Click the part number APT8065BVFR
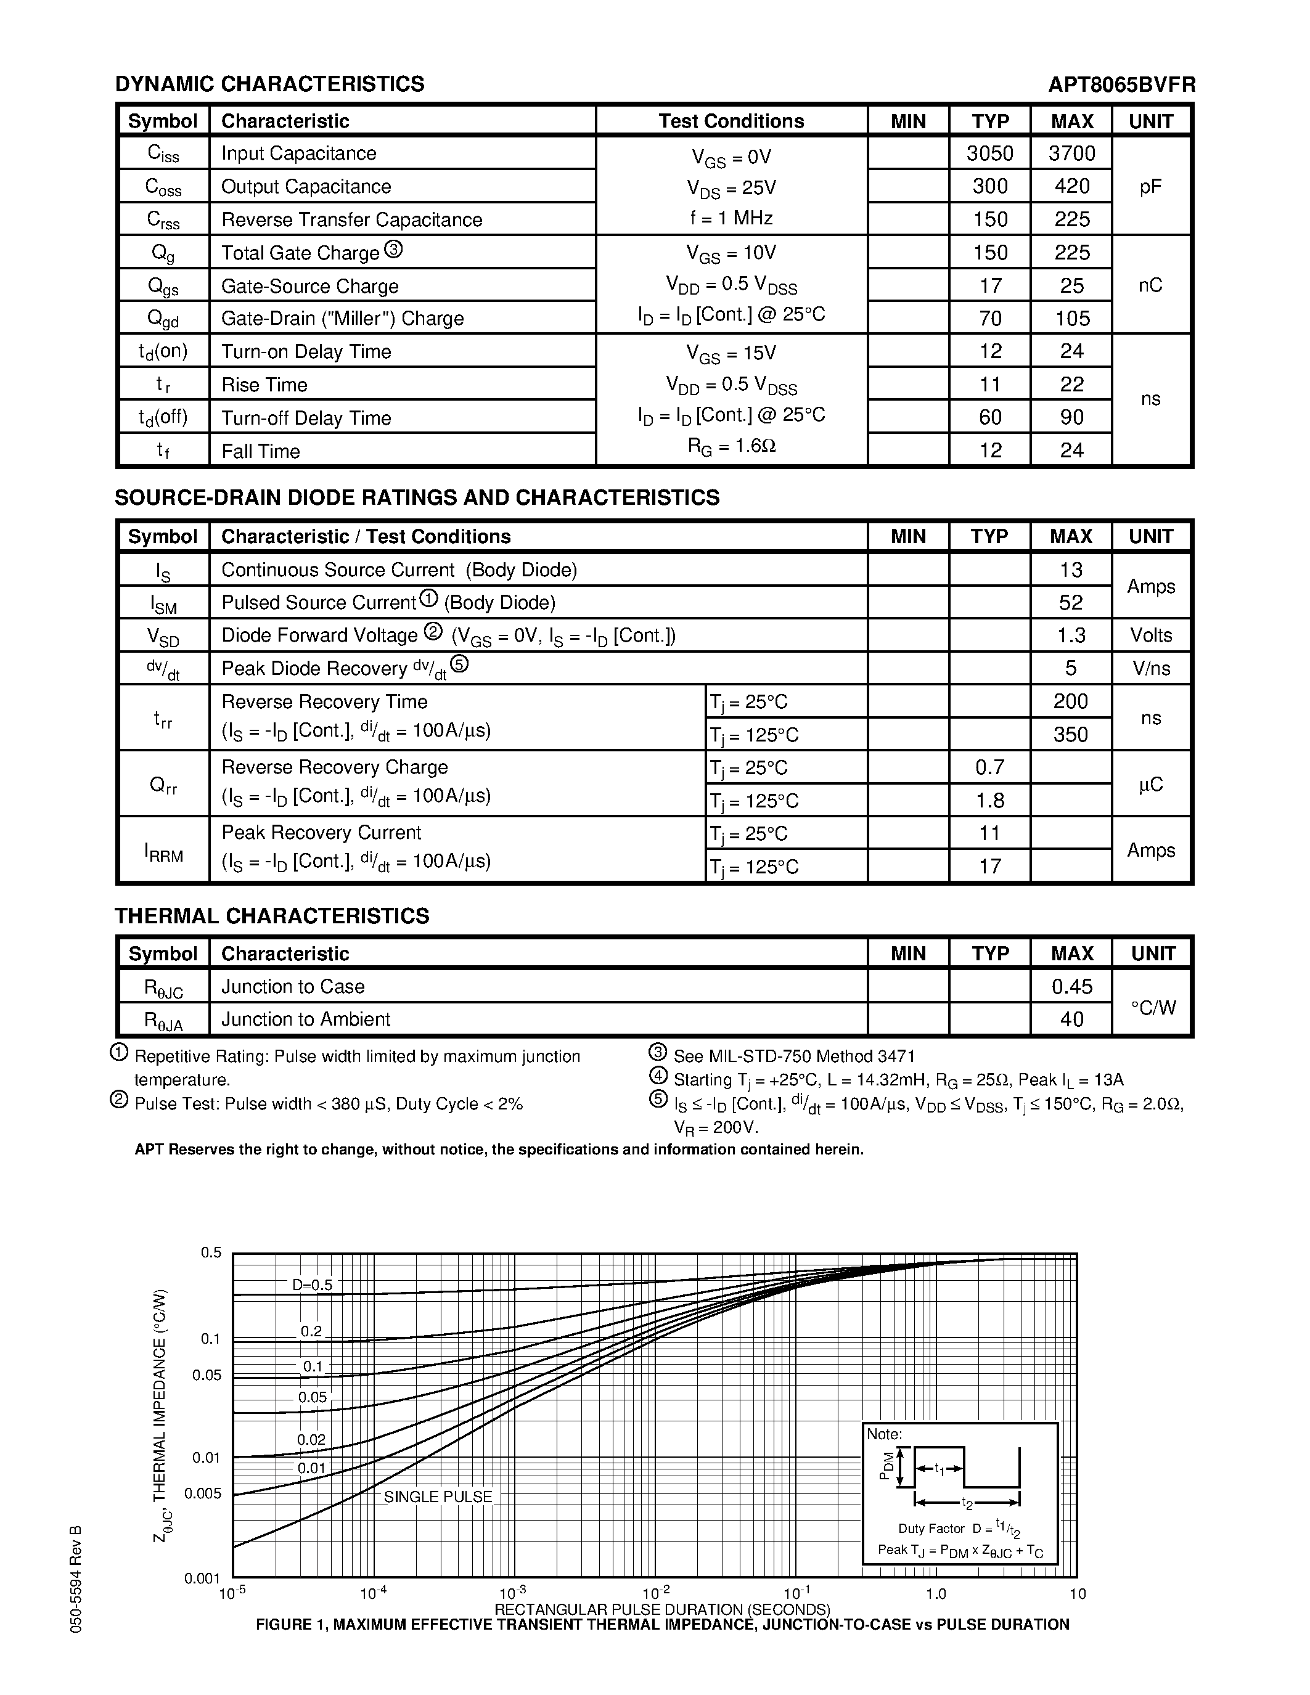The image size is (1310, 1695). [1121, 84]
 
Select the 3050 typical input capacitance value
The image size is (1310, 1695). [989, 153]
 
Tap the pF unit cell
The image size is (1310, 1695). [1150, 186]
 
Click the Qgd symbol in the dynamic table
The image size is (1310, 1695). [163, 318]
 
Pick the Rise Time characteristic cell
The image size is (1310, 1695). [264, 385]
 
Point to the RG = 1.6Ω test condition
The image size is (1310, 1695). [732, 446]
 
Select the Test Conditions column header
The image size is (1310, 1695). [731, 121]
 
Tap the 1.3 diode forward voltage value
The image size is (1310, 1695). [1071, 635]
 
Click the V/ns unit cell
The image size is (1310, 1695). [1150, 668]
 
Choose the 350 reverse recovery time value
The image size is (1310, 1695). [1071, 734]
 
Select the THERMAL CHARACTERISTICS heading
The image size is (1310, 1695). [272, 917]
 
